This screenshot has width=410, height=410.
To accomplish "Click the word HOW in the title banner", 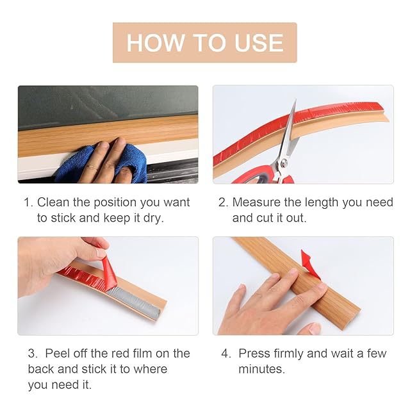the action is tap(155, 43).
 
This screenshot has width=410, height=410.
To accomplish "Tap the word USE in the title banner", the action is tap(259, 43).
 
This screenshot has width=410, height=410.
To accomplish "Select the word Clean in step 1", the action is tap(53, 202).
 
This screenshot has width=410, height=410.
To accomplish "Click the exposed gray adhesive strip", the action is tap(136, 301).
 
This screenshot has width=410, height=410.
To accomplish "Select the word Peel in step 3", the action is tap(57, 354).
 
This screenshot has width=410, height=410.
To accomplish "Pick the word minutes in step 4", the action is tap(261, 369).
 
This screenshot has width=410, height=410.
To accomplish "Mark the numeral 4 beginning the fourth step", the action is tap(225, 354).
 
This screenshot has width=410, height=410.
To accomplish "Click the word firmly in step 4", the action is tap(288, 354).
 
